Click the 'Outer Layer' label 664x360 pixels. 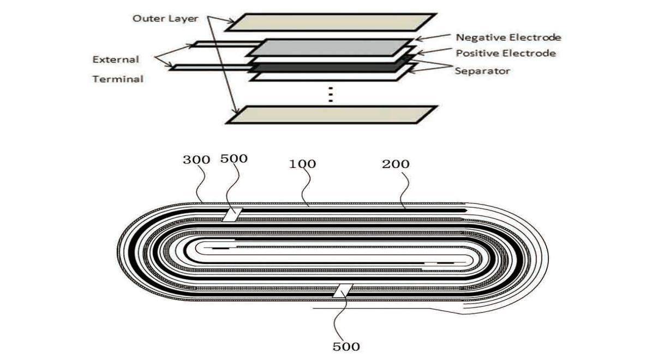[165, 18]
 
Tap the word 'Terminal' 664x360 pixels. [118, 79]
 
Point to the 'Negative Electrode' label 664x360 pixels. [508, 38]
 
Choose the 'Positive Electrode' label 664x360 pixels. [505, 53]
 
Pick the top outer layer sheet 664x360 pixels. [331, 22]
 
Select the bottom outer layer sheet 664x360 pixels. [331, 115]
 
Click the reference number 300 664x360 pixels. [196, 160]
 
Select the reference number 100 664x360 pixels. [303, 163]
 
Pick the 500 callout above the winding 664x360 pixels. [234, 159]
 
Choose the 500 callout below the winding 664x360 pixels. [346, 346]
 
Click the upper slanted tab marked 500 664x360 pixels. [231, 214]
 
